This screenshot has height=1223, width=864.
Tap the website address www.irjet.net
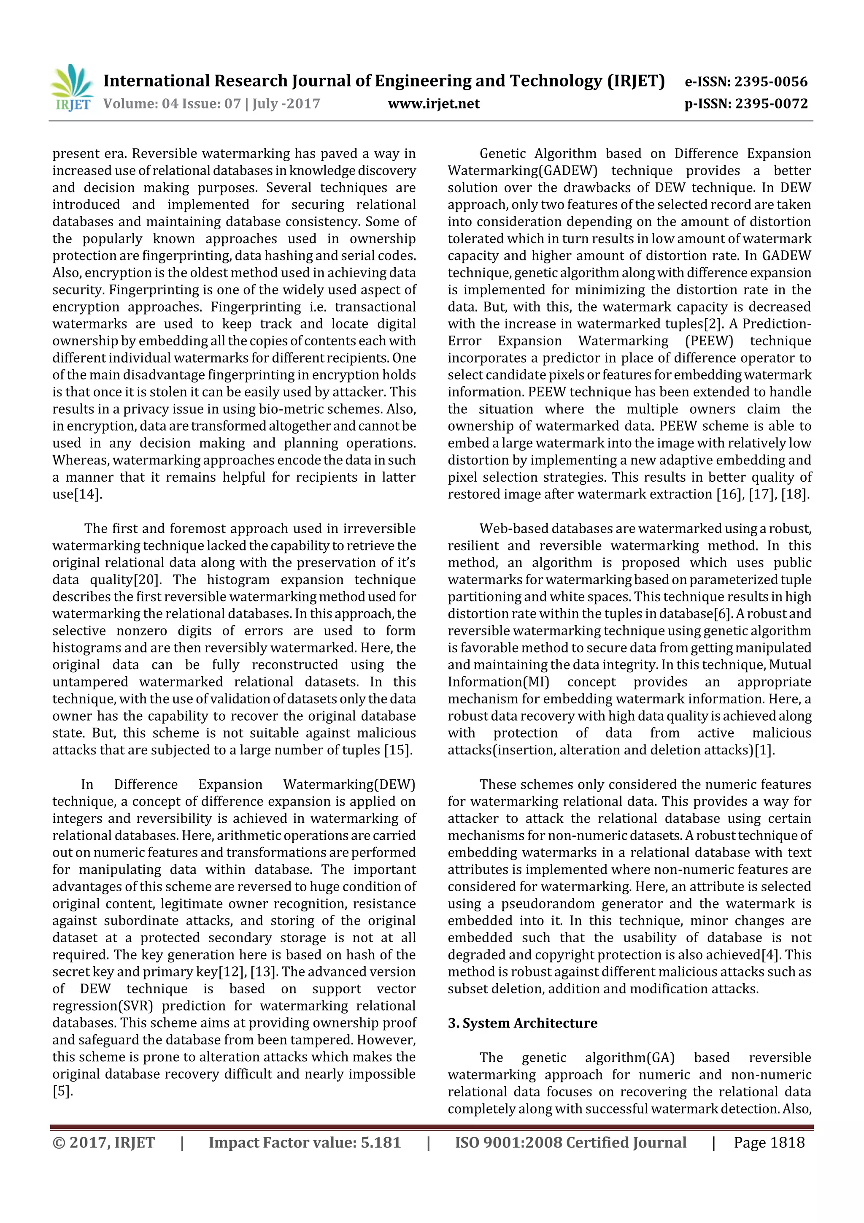pos(433,104)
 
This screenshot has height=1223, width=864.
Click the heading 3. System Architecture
pos(522,1023)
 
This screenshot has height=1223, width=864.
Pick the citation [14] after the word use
pos(87,494)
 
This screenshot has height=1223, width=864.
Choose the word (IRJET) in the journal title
pos(636,81)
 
